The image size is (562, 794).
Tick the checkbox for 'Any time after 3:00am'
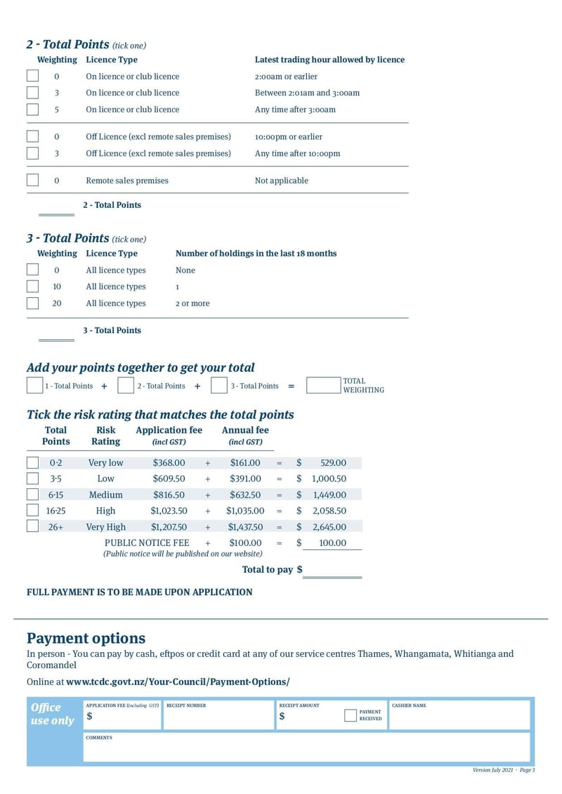(32, 110)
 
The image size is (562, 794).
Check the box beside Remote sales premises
(32, 181)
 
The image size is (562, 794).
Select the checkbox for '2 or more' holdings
(32, 304)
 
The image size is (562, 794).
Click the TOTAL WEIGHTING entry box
(323, 386)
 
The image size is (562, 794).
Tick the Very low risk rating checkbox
(32, 463)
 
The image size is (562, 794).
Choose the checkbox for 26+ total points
(32, 527)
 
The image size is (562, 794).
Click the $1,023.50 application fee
(169, 511)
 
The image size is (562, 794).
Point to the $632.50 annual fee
(245, 495)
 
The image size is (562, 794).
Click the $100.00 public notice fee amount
(245, 543)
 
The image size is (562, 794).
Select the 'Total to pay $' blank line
(332, 571)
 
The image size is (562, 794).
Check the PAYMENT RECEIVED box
(351, 716)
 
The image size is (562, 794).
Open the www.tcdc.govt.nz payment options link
(178, 682)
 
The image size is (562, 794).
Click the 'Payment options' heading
(86, 638)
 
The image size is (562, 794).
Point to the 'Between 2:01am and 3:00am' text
(307, 93)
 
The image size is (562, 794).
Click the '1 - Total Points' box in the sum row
(34, 386)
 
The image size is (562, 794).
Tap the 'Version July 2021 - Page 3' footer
(504, 770)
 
